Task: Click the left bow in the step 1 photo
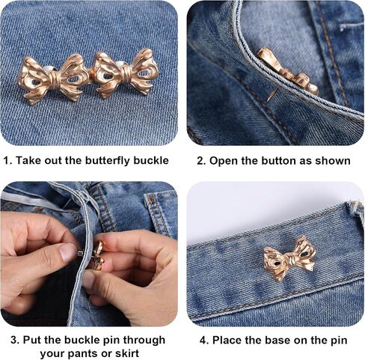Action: coord(53,79)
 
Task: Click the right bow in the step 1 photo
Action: coord(125,73)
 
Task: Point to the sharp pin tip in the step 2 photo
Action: coord(269,100)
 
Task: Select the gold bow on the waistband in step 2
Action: coord(286,71)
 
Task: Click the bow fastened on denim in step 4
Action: coord(289,258)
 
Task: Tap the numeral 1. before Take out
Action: coord(7,160)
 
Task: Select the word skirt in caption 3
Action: coord(127,353)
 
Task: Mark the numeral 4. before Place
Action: coord(204,341)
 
